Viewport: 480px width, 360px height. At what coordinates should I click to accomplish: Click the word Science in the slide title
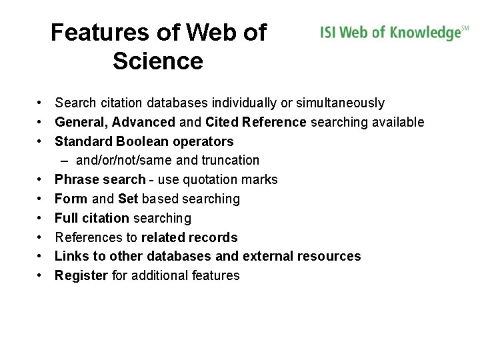tap(158, 61)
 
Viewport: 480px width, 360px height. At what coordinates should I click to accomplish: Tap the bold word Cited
tap(223, 122)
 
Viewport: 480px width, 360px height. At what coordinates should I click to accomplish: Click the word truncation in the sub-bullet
tap(229, 161)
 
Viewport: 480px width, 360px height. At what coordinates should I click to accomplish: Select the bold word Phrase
tap(75, 179)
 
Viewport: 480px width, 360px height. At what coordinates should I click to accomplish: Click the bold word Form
tap(71, 199)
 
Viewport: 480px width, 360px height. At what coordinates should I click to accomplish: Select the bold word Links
tap(70, 256)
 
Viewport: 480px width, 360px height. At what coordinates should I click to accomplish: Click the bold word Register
tap(81, 275)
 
